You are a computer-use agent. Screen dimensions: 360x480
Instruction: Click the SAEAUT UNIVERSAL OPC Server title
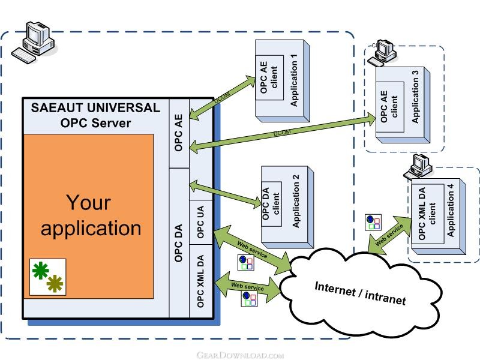[95, 116]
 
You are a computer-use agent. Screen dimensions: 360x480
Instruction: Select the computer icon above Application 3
[382, 53]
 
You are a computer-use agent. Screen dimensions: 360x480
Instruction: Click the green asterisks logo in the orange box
[48, 276]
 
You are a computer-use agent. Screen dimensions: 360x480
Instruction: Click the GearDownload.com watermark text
[239, 355]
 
